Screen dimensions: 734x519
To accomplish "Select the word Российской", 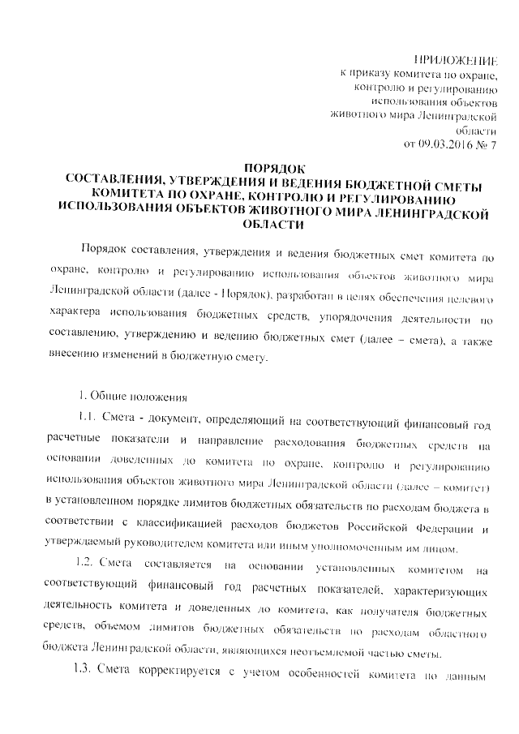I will click(x=368, y=529).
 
